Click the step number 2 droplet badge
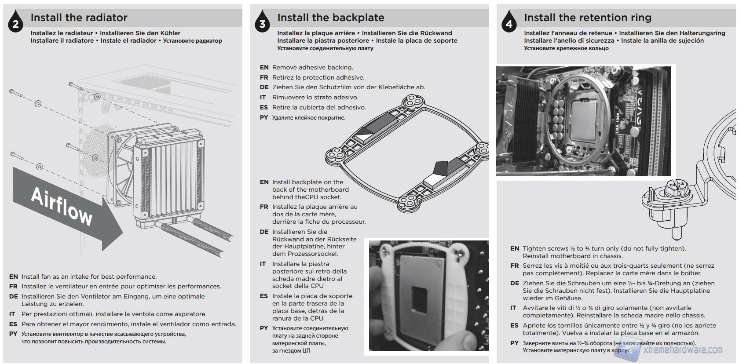click(15, 23)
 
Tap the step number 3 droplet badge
click(262, 23)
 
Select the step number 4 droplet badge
click(509, 23)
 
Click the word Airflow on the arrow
click(62, 207)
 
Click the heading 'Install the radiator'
click(79, 18)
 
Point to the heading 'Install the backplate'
click(330, 18)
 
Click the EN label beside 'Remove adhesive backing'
click(264, 67)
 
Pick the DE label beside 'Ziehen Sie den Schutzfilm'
click(264, 87)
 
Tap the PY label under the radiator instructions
click(13, 334)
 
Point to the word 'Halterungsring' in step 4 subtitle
click(702, 33)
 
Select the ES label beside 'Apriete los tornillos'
click(514, 325)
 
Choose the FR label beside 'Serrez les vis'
click(514, 266)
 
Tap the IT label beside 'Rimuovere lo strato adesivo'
click(263, 97)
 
